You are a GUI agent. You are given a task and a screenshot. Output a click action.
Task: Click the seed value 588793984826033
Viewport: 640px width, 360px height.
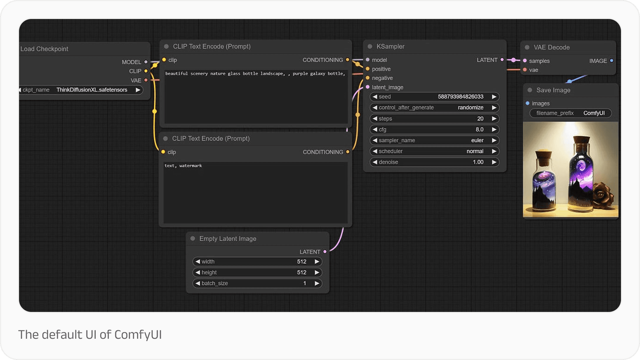pyautogui.click(x=460, y=97)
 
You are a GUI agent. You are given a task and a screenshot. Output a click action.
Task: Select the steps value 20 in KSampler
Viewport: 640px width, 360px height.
pyautogui.click(x=480, y=119)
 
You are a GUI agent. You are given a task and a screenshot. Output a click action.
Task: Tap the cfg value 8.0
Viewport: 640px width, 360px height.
pyautogui.click(x=479, y=129)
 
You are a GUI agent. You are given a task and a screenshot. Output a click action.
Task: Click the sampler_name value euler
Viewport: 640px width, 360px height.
pyautogui.click(x=477, y=140)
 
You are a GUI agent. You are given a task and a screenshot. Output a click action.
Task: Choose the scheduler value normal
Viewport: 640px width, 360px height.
pyautogui.click(x=475, y=151)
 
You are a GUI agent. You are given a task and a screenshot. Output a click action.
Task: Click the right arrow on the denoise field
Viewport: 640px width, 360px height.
pyautogui.click(x=494, y=162)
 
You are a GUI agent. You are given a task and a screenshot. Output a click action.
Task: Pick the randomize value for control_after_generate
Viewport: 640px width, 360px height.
pyautogui.click(x=470, y=108)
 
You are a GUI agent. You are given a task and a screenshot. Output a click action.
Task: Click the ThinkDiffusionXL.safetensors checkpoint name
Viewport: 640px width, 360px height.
pyautogui.click(x=92, y=90)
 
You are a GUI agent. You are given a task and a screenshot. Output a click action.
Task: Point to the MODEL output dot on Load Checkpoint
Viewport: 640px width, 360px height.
pyautogui.click(x=146, y=62)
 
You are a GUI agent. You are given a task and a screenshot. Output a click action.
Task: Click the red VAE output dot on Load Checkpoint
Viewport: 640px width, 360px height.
pyautogui.click(x=146, y=80)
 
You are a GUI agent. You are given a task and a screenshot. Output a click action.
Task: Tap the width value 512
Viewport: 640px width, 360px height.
pyautogui.click(x=302, y=262)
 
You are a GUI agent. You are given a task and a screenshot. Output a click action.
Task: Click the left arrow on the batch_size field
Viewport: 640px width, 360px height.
pyautogui.click(x=198, y=283)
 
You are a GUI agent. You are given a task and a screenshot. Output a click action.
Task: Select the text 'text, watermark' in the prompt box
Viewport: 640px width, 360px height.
pyautogui.click(x=183, y=166)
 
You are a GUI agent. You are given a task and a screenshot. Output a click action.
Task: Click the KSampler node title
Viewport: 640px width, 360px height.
pyautogui.click(x=390, y=46)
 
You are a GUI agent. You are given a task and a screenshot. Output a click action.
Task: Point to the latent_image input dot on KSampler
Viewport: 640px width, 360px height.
pyautogui.click(x=368, y=87)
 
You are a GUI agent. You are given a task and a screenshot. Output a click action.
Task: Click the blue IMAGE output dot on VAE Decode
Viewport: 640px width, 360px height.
pyautogui.click(x=612, y=61)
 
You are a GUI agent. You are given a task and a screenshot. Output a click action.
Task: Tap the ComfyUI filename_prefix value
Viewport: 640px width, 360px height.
pyautogui.click(x=594, y=113)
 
